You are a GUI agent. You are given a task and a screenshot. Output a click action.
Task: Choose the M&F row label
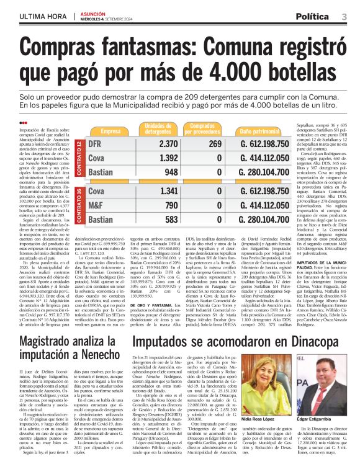click(x=99, y=205)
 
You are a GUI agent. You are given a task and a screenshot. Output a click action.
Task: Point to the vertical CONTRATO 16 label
click(x=79, y=205)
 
